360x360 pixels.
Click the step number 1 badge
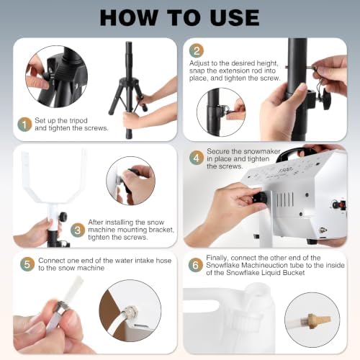(x=24, y=125)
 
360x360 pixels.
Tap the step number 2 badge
(x=197, y=50)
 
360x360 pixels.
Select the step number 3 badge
(x=78, y=230)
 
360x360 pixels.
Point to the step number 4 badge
(x=197, y=158)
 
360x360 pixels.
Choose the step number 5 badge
(x=27, y=264)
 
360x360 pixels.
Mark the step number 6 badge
(x=195, y=265)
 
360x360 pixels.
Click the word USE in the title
(x=235, y=17)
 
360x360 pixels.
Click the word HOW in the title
(x=129, y=17)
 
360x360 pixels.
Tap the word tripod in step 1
(x=77, y=121)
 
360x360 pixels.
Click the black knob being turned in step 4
(x=261, y=199)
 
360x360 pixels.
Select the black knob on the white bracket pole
(x=63, y=217)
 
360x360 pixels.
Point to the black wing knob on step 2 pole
(x=325, y=99)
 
